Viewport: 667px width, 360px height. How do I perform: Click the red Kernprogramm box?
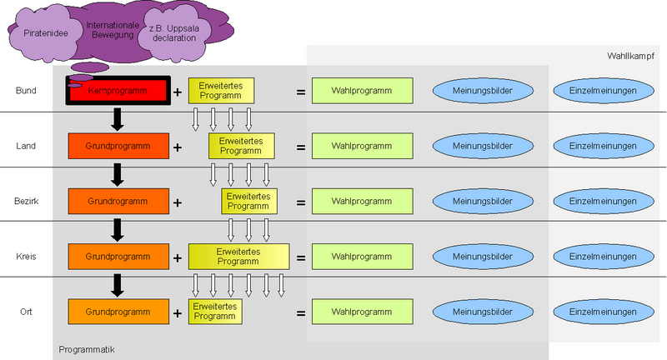pyautogui.click(x=125, y=90)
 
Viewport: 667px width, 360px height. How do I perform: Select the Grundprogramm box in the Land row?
pyautogui.click(x=118, y=146)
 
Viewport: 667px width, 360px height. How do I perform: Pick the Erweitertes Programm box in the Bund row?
pyautogui.click(x=221, y=91)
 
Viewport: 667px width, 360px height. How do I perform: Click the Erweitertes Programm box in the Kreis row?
pyautogui.click(x=238, y=256)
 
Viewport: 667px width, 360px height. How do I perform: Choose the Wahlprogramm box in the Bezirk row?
pyautogui.click(x=363, y=201)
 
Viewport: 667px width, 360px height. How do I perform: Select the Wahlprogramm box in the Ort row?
pyautogui.click(x=363, y=312)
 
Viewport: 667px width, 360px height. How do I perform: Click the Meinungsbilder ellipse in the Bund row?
pyautogui.click(x=482, y=90)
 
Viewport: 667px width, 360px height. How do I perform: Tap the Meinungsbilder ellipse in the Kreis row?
pyautogui.click(x=482, y=257)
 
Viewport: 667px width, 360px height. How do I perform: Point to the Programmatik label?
pyautogui.click(x=86, y=347)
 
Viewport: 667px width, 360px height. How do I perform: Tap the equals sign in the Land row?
pyautogui.click(x=300, y=147)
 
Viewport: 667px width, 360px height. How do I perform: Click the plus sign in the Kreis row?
pyautogui.click(x=177, y=257)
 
